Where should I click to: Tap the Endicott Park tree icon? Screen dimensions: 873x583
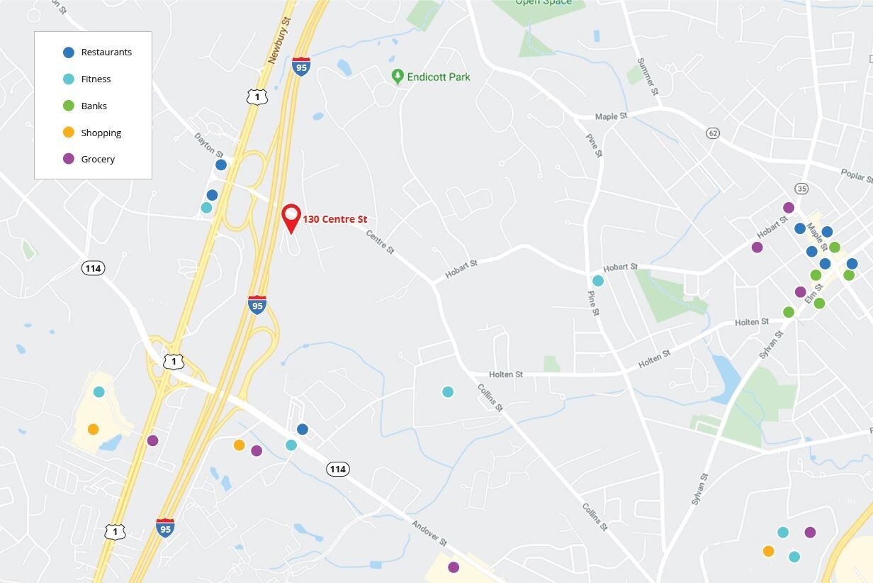tap(398, 76)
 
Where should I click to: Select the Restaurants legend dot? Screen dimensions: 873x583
tap(69, 52)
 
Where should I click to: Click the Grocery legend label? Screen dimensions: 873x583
tap(98, 159)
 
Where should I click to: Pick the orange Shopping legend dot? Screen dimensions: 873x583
tap(69, 133)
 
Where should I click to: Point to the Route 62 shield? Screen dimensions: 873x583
tap(713, 133)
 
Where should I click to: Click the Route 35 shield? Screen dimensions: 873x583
tap(801, 188)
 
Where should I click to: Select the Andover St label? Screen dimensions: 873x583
tap(429, 533)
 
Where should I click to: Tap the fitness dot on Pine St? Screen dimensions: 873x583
tap(598, 280)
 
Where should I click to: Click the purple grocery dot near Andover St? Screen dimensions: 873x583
tap(454, 567)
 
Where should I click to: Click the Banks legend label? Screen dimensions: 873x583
tap(94, 106)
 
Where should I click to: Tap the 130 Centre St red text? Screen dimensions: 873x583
tap(335, 219)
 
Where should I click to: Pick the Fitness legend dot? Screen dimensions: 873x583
tap(69, 79)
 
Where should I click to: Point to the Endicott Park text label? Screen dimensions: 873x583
tap(439, 77)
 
